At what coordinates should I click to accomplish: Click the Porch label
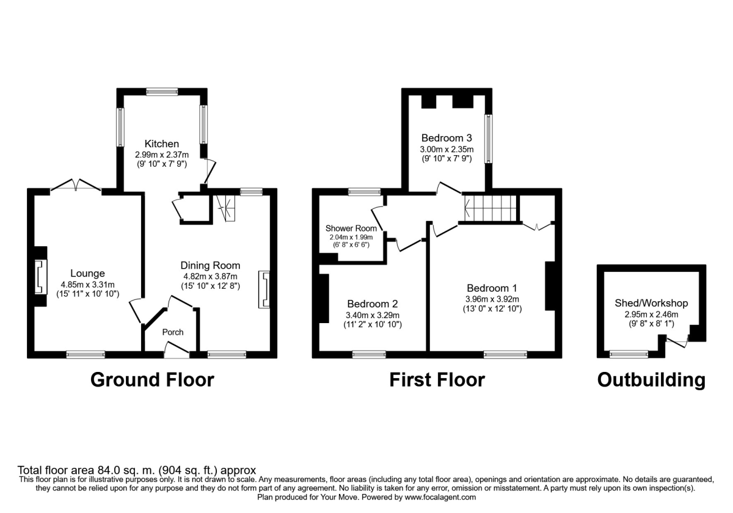[172, 332]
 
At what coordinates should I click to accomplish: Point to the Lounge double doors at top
[75, 186]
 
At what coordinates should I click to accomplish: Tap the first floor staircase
[490, 207]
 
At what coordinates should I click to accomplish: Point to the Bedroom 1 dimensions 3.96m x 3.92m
[492, 299]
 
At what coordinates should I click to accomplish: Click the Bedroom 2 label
[373, 304]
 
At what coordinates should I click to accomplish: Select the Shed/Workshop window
[629, 354]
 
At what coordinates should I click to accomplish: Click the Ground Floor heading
[152, 380]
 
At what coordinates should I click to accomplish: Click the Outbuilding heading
[651, 380]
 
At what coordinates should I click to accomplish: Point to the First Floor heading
[437, 380]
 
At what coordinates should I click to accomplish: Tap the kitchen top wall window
[162, 92]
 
